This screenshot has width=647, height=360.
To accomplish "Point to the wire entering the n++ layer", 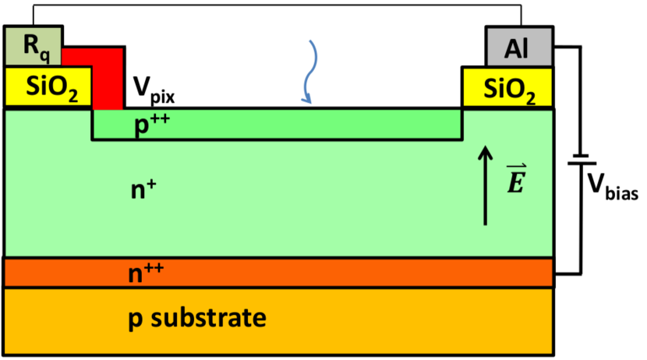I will (567, 274).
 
